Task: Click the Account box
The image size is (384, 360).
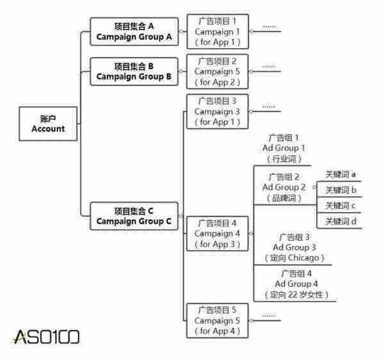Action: (48, 123)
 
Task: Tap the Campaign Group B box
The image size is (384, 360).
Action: (134, 71)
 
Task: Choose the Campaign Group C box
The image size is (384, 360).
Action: (134, 217)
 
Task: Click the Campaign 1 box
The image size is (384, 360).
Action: (217, 31)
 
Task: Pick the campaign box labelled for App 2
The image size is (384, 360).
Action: (217, 71)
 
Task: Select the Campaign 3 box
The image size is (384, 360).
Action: (217, 111)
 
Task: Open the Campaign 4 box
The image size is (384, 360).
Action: (217, 234)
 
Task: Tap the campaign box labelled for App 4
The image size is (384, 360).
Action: (217, 320)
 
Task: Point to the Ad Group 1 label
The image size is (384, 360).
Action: (284, 148)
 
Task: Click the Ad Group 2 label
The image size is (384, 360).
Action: (284, 187)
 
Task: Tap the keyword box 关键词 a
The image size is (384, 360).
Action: (340, 174)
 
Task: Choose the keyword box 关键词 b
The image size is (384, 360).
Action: (340, 190)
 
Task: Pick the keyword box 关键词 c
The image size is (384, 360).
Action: (340, 206)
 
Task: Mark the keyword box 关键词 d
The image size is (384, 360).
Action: (340, 222)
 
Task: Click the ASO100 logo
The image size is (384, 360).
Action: (45, 336)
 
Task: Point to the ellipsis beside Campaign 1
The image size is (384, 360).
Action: (269, 26)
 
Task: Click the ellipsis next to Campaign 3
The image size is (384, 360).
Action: (269, 106)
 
